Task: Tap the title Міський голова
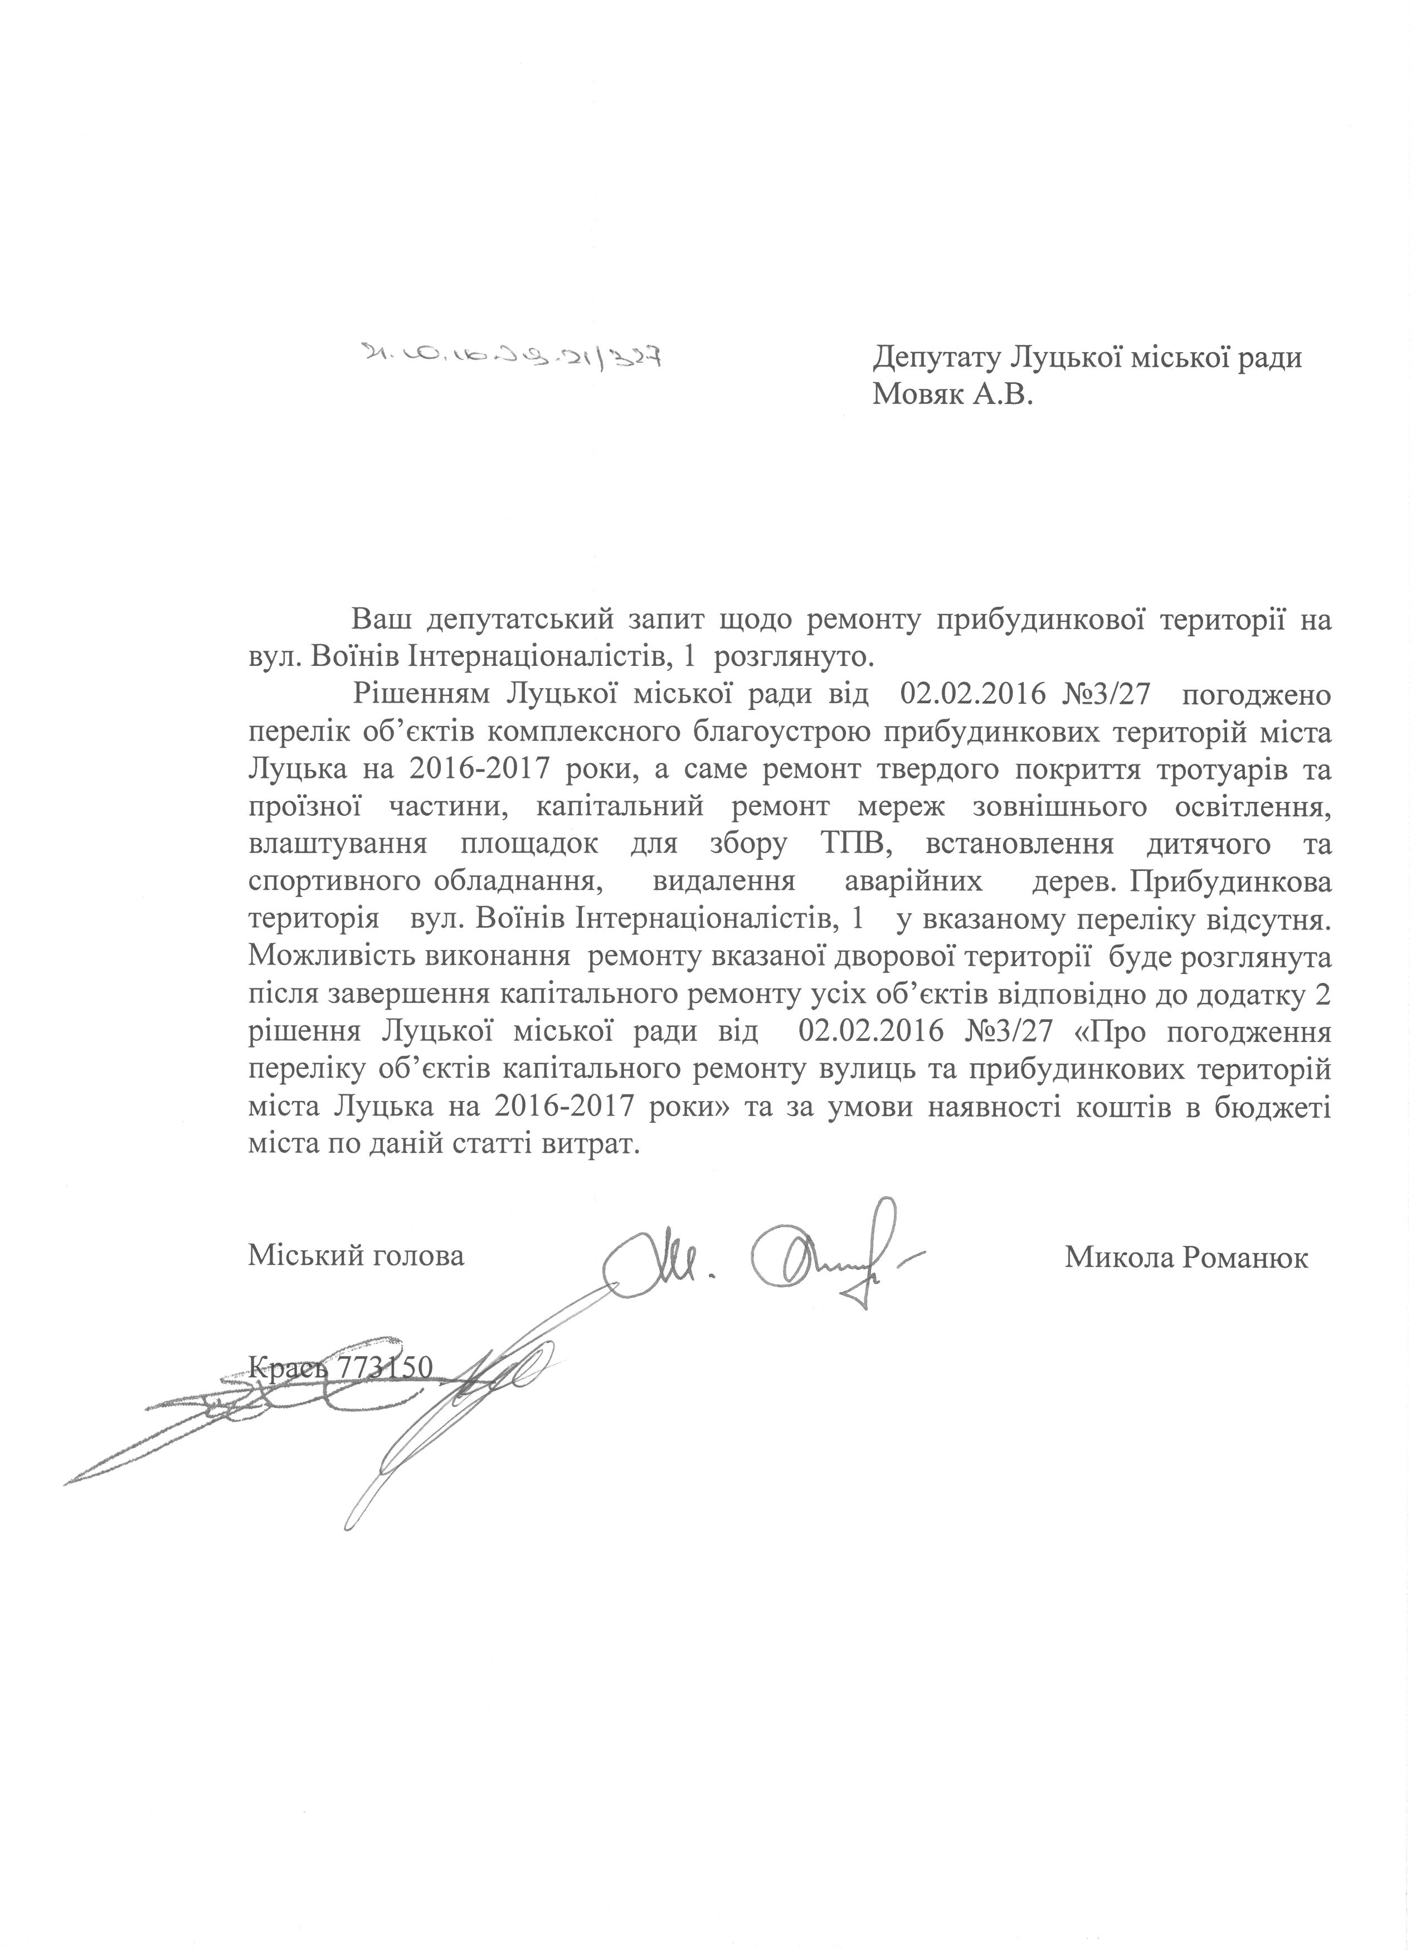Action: (356, 1256)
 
